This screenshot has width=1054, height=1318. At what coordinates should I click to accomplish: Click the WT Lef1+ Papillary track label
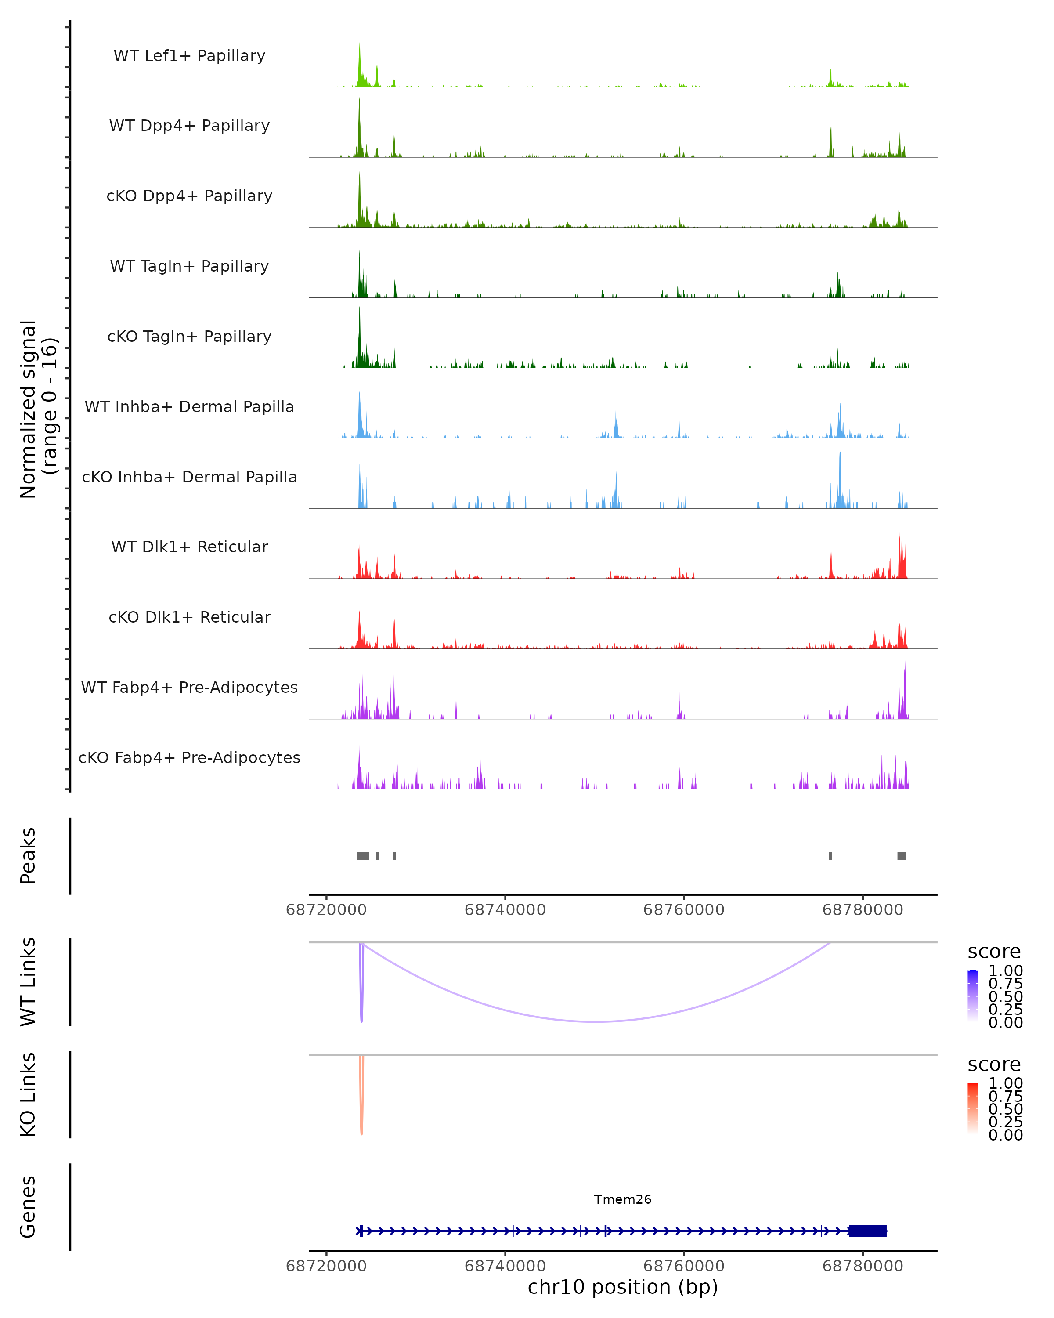(189, 56)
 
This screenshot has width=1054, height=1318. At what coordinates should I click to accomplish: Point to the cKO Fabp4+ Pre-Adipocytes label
(189, 757)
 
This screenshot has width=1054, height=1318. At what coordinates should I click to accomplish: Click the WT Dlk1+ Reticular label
(189, 547)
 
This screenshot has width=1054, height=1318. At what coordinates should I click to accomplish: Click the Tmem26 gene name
(623, 1199)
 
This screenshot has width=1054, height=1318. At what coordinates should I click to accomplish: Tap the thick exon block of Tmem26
(868, 1231)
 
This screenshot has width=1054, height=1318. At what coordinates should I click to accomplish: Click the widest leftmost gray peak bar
(363, 856)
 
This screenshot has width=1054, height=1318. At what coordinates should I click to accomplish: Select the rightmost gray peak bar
(901, 856)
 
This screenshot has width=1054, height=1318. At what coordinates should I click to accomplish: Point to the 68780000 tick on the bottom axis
(863, 1266)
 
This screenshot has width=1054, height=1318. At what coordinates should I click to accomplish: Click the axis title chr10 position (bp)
(623, 1287)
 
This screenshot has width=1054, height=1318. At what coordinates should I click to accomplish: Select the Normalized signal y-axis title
(38, 409)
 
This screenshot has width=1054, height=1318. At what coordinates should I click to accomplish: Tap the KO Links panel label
(28, 1094)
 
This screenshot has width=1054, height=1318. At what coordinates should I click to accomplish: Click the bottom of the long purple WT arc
(596, 1021)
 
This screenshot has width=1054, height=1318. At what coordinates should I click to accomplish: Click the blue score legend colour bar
(973, 995)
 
